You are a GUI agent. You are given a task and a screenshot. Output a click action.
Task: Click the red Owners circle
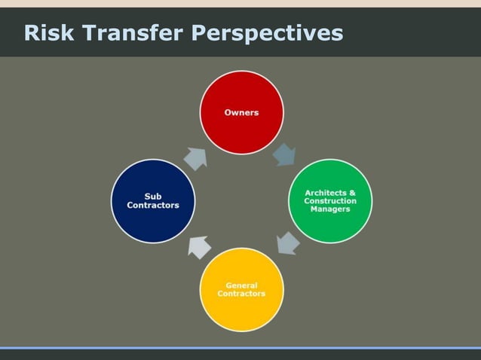click(241, 113)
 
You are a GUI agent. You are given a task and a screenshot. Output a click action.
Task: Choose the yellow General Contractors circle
click(241, 289)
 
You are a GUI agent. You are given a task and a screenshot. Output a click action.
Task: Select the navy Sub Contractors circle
click(153, 201)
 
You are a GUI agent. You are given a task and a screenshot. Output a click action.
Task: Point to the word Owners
click(241, 113)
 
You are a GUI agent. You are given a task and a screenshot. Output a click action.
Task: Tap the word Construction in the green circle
click(330, 201)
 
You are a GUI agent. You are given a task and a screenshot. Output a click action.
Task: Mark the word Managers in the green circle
click(330, 209)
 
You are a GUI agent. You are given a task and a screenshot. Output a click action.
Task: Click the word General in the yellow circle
click(241, 285)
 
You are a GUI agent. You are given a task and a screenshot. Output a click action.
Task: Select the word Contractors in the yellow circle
click(241, 294)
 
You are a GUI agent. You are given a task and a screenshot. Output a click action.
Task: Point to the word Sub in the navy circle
click(153, 197)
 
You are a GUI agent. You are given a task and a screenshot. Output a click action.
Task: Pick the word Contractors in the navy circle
click(153, 206)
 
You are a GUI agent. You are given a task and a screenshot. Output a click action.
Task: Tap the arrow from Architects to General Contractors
click(287, 243)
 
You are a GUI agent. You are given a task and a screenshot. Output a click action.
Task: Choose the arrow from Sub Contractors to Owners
click(195, 157)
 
